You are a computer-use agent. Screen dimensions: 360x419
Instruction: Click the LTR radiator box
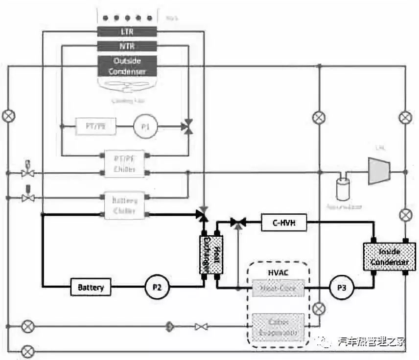click(127, 32)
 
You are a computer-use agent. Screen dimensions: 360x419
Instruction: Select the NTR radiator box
click(127, 47)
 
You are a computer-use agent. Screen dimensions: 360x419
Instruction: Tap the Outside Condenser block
click(127, 66)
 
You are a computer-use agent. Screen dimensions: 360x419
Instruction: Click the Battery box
click(91, 287)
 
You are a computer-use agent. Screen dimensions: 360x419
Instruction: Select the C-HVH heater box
click(283, 224)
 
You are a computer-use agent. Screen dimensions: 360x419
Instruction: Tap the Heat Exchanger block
click(211, 254)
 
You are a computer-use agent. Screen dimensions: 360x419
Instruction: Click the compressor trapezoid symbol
click(378, 171)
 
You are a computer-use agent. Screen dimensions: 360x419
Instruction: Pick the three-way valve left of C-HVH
click(238, 224)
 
